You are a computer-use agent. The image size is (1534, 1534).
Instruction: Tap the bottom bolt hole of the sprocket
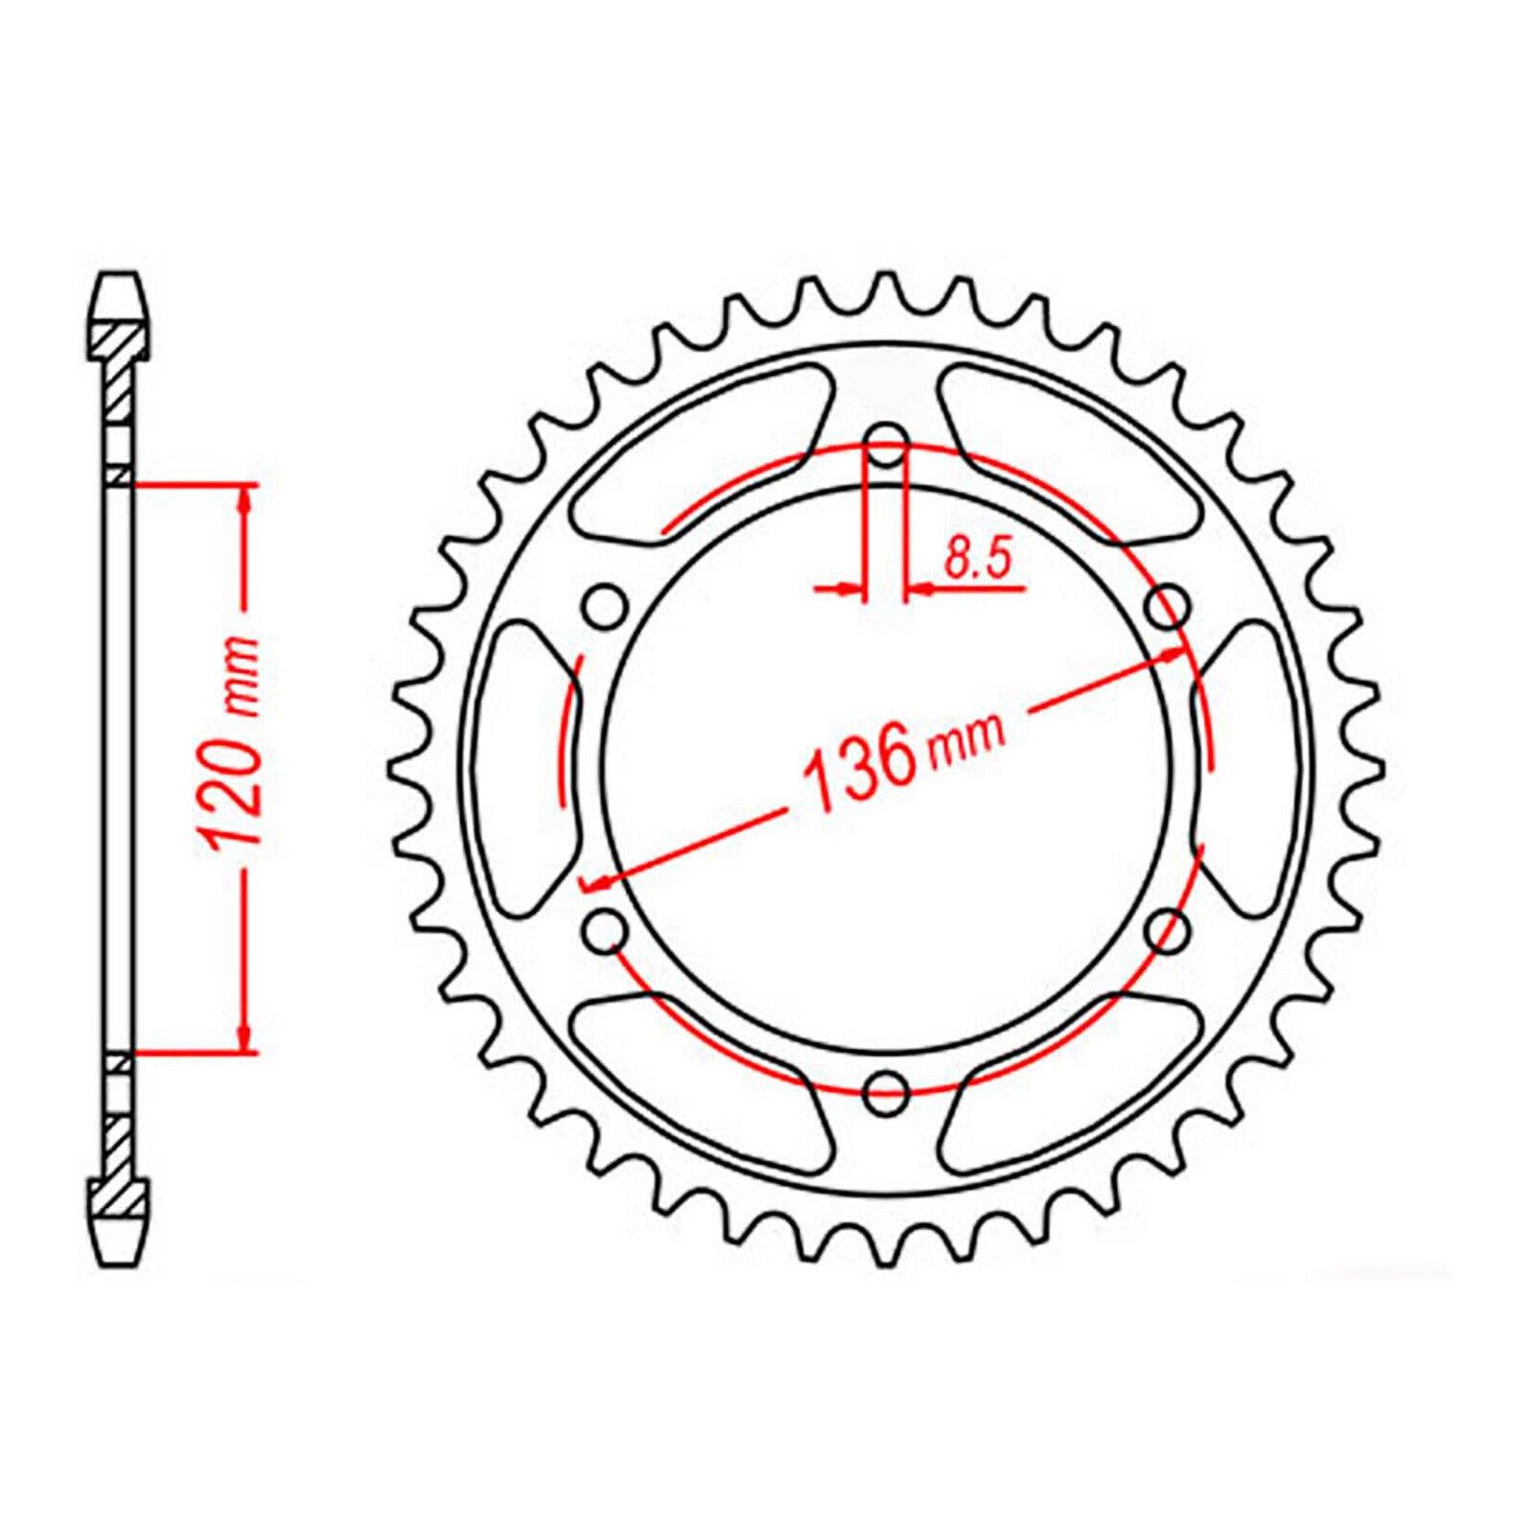[x=887, y=1086]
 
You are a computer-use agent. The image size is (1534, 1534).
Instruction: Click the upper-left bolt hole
[x=605, y=606]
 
